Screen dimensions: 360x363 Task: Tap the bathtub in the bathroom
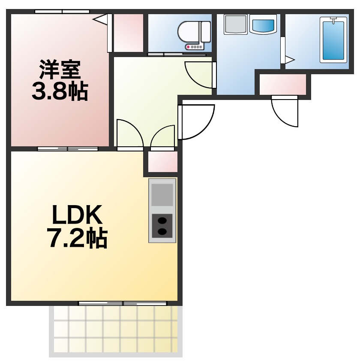333,40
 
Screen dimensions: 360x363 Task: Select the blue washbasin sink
263,24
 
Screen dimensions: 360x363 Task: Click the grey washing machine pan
236,24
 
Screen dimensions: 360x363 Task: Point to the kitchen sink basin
162,194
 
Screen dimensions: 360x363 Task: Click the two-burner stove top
162,226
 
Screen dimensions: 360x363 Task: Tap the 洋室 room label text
60,70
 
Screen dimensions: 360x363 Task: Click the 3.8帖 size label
60,91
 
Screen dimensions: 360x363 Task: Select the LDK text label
77,215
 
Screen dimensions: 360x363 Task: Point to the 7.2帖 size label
77,238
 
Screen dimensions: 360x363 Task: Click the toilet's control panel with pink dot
194,47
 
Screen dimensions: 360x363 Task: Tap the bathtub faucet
333,20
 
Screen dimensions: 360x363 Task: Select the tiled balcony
116,332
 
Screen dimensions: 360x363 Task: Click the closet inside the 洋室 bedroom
129,33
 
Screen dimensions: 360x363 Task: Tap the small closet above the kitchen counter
162,162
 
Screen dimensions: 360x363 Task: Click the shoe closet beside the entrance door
283,85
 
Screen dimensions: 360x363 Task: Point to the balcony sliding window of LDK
123,303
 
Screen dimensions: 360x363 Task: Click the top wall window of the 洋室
62,11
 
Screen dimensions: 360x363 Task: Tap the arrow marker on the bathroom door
290,60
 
